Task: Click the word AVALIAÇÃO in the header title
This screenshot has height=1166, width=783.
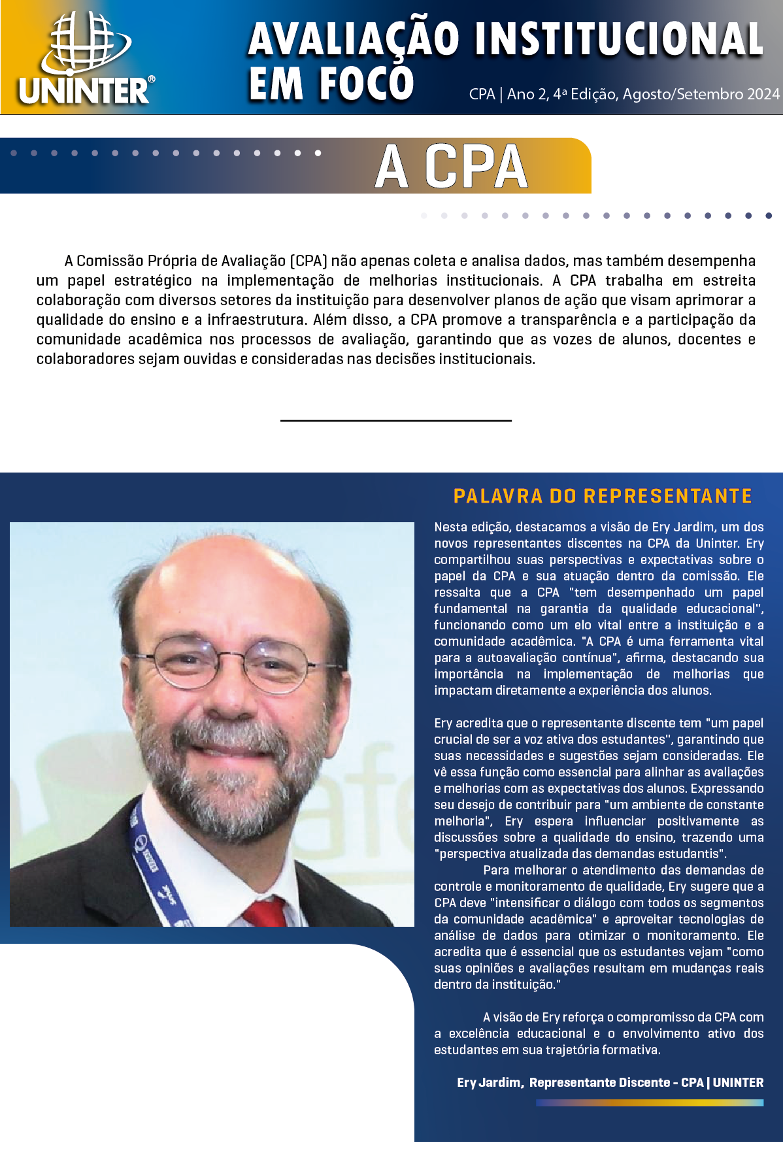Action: click(x=354, y=39)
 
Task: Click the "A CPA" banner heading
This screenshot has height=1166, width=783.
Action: click(x=451, y=167)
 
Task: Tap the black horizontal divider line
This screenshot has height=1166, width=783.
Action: click(x=395, y=420)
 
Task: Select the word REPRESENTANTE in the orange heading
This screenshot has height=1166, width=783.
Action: click(x=668, y=496)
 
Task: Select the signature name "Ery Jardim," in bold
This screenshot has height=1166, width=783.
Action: click(x=490, y=1082)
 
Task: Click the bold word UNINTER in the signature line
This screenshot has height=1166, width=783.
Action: click(x=738, y=1082)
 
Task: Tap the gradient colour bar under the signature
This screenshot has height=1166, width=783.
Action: click(x=649, y=1103)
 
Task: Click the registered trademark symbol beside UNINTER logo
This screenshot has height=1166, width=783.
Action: click(x=151, y=79)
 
